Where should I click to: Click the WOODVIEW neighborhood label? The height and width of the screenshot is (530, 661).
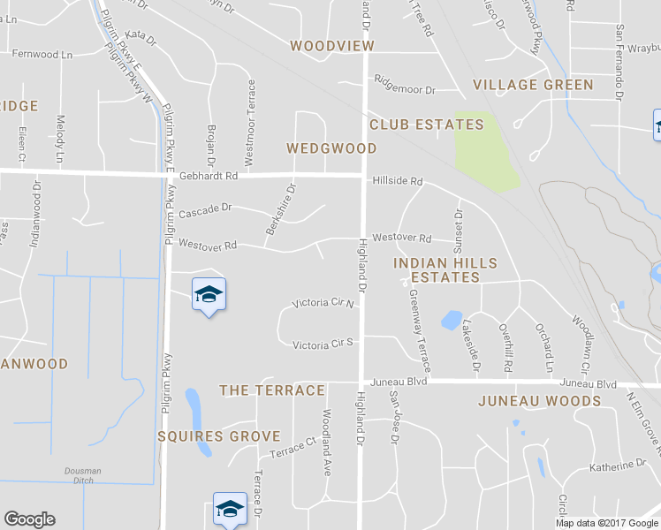click(332, 45)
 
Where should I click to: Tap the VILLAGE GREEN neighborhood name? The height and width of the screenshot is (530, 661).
click(533, 85)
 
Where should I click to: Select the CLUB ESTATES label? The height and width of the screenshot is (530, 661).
click(426, 125)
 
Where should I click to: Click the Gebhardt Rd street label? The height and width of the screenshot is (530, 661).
click(209, 176)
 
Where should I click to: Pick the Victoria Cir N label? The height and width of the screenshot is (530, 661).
click(323, 303)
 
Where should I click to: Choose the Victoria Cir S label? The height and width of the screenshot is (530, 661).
click(323, 344)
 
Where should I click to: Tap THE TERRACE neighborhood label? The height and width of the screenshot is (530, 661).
click(271, 390)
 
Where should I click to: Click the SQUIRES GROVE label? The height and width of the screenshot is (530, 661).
click(218, 436)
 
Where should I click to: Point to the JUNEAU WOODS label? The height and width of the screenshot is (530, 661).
click(539, 401)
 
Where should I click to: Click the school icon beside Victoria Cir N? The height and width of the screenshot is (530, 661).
click(209, 295)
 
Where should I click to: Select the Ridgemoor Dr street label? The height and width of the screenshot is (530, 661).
click(405, 90)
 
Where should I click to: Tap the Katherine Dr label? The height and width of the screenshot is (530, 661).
click(618, 466)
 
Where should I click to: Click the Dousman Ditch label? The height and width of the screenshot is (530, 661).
click(82, 474)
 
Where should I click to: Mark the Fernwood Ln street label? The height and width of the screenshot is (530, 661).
click(42, 54)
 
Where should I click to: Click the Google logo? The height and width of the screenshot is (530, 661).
click(29, 519)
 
